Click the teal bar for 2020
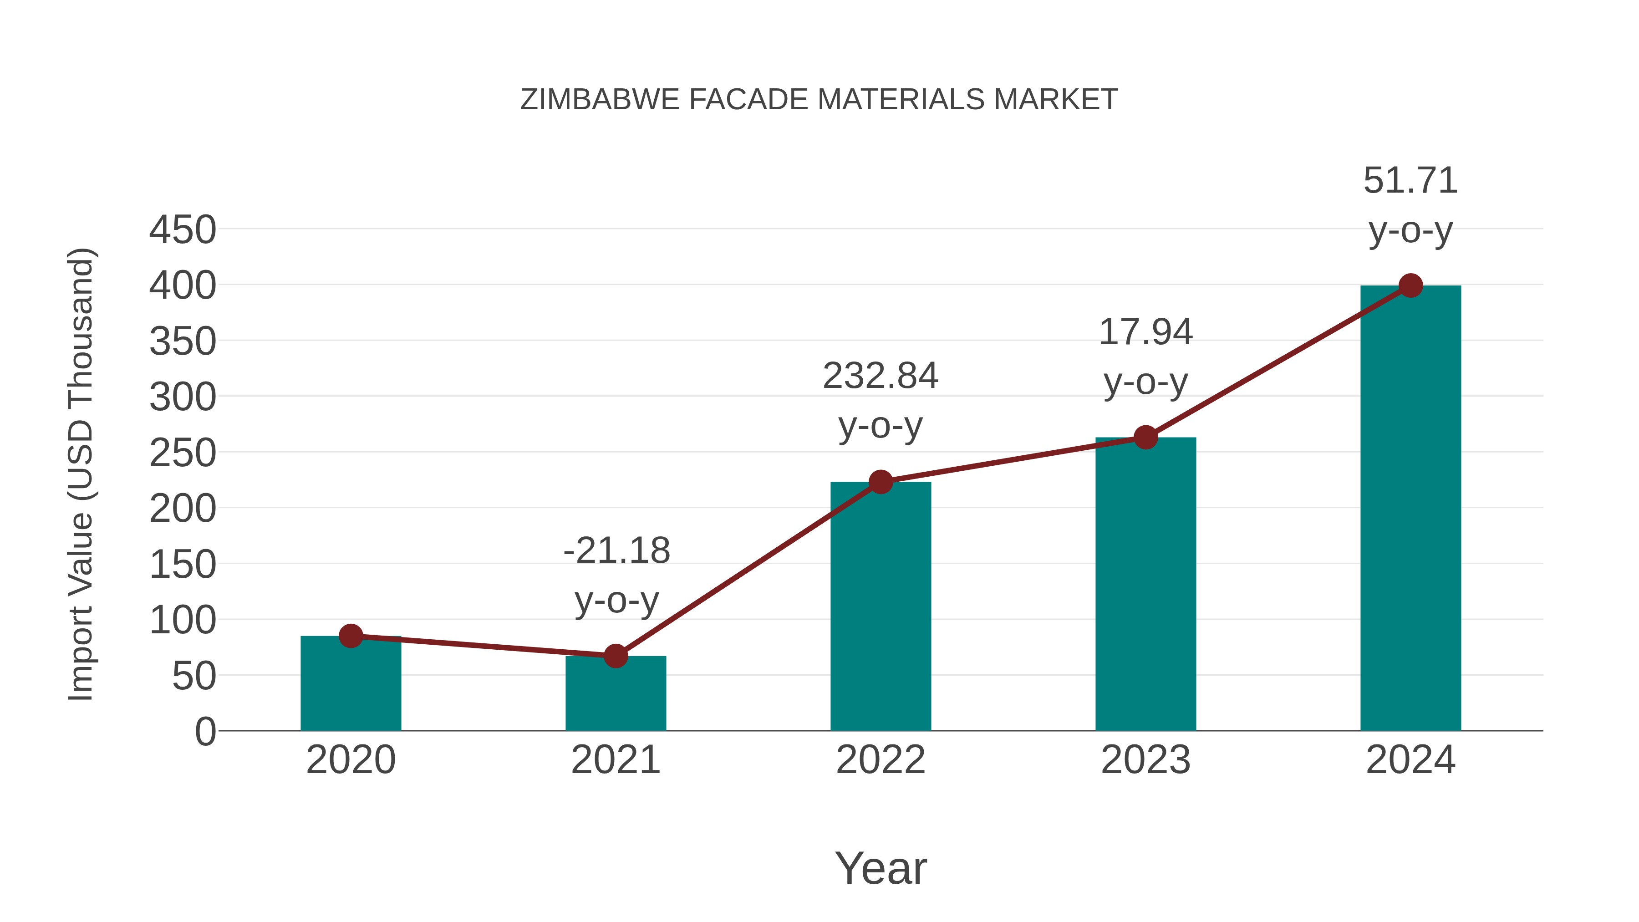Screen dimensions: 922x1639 (351, 687)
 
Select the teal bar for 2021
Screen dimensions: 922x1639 (615, 696)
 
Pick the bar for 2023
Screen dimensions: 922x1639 (1145, 586)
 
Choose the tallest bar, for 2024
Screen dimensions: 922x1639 (1410, 509)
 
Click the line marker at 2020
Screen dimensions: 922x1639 (351, 636)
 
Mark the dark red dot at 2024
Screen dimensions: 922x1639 (1410, 285)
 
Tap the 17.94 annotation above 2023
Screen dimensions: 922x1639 (1145, 333)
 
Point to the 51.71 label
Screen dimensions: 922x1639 (1410, 181)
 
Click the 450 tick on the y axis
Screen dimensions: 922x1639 (183, 230)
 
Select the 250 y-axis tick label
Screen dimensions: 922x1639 (183, 453)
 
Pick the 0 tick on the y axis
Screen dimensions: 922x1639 (205, 732)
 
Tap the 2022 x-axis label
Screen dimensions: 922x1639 (881, 760)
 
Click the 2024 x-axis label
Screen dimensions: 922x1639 (1410, 760)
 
